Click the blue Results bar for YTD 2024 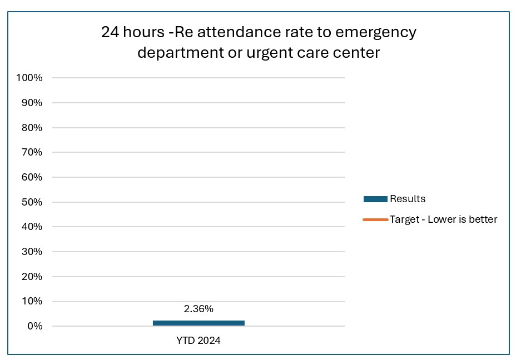(x=199, y=323)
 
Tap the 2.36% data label (x=199, y=309)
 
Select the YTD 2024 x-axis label (x=199, y=341)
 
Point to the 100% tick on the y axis (x=29, y=78)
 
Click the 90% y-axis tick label (x=31, y=103)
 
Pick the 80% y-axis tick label (x=31, y=128)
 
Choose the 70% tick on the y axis (x=31, y=152)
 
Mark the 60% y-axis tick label (x=31, y=177)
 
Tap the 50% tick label (x=31, y=202)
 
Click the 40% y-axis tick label (x=31, y=227)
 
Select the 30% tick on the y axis (x=31, y=252)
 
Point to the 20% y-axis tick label (x=31, y=277)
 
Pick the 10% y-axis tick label (x=31, y=301)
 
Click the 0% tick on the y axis (x=34, y=326)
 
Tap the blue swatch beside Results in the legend (x=375, y=199)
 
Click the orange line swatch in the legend (x=375, y=219)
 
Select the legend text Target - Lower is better (x=443, y=219)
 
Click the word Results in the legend (x=408, y=199)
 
